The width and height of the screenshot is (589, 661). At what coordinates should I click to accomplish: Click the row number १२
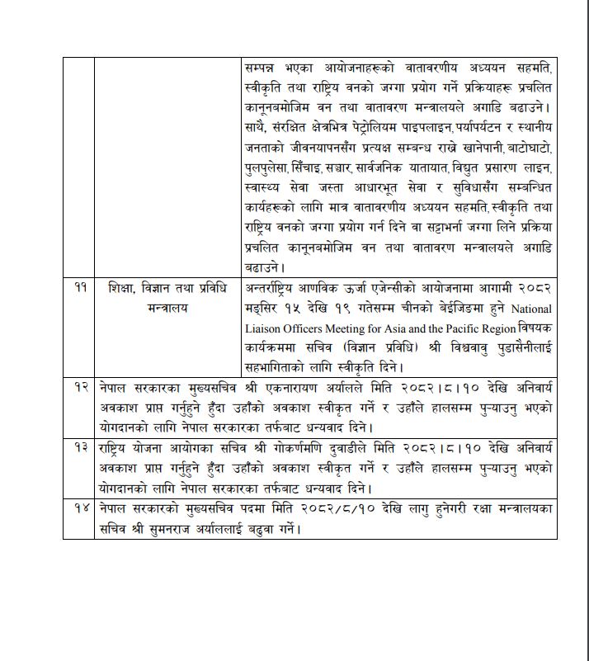point(79,387)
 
